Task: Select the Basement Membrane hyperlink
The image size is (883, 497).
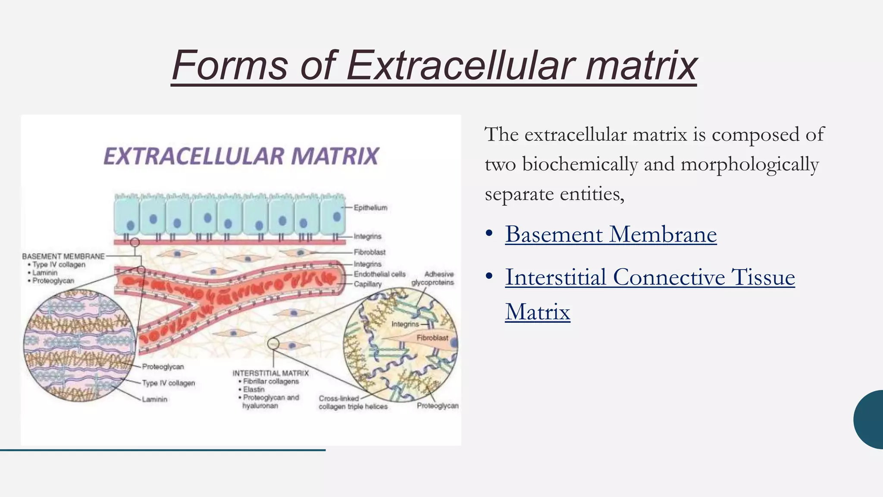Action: coord(611,234)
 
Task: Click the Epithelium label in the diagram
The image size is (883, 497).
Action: coord(370,208)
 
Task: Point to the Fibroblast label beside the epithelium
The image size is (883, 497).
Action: coord(369,252)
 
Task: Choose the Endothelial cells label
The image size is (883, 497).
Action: coord(379,274)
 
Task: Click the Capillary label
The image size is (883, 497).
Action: coord(368,284)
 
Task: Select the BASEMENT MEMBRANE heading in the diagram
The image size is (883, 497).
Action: coord(63,256)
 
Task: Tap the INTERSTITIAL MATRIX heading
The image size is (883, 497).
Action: coord(270,373)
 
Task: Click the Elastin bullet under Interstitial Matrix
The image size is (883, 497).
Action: coord(254,389)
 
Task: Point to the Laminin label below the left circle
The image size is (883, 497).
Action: coord(154,399)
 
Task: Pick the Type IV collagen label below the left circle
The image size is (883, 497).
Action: coord(168,383)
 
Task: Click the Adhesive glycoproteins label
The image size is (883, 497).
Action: coord(433,278)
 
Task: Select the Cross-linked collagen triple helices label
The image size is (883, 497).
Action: coord(353,403)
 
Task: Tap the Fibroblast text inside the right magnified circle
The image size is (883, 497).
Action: coord(432,338)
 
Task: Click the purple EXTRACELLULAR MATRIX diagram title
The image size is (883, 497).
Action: coord(241,156)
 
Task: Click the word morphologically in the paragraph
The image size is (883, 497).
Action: coord(749,164)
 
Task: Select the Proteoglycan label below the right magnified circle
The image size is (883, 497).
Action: coord(437,406)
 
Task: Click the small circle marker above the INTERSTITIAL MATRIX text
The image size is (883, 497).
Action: coord(273,344)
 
